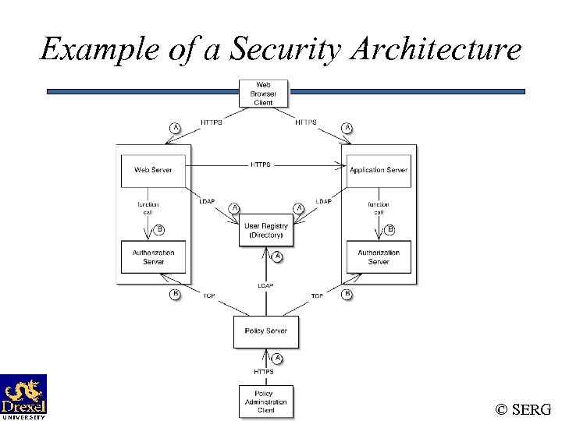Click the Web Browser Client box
263,94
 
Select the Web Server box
153,170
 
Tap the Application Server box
379,170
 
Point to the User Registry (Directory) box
266,230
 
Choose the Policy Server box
265,331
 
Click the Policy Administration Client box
265,402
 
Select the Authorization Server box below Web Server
153,257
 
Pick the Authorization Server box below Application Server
379,257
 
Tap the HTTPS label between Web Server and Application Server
261,165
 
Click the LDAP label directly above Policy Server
265,286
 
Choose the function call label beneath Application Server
379,208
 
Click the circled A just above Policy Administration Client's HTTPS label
276,358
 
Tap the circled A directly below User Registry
276,256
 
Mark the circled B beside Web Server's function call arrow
159,229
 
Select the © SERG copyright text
523,409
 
